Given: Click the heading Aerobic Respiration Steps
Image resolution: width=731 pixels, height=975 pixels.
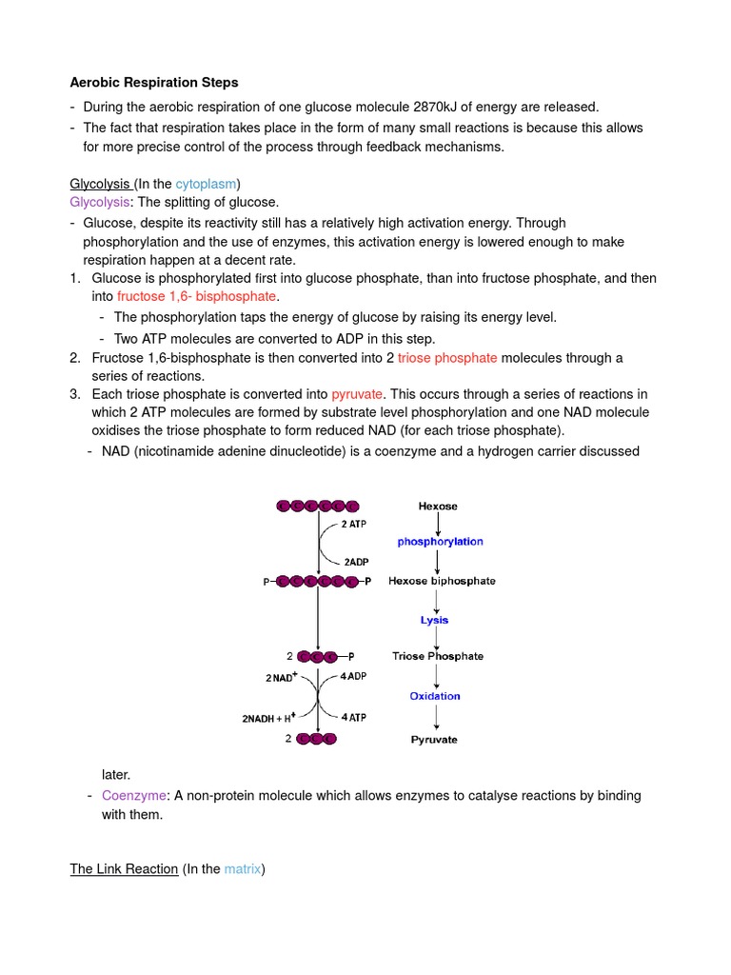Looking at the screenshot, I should click(154, 83).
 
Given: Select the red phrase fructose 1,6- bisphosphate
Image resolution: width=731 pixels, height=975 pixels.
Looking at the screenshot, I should click(196, 297).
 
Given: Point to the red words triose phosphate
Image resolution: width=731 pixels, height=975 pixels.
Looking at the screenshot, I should click(447, 357).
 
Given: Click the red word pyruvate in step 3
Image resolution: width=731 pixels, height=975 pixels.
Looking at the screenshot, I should click(358, 394).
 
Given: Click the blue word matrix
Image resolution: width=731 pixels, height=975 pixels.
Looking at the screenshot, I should click(243, 868).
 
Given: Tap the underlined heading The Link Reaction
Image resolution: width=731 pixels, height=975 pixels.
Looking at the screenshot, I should click(125, 868).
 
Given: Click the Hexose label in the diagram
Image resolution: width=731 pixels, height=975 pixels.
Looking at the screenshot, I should click(438, 507).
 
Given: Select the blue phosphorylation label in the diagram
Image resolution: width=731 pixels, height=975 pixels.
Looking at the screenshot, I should click(440, 542).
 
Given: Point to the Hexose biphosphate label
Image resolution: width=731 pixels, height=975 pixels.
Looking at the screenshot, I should click(442, 581).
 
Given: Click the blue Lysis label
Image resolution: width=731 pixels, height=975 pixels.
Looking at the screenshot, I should click(435, 620).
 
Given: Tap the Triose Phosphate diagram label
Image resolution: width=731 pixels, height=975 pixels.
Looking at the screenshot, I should click(438, 656).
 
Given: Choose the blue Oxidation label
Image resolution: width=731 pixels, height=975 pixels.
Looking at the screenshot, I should click(435, 696).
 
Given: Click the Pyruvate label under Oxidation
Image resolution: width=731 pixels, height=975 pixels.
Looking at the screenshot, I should click(434, 740).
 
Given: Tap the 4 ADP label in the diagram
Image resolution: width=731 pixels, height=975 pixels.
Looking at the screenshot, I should click(353, 677).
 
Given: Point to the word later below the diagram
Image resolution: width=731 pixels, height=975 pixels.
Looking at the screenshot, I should click(116, 775).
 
